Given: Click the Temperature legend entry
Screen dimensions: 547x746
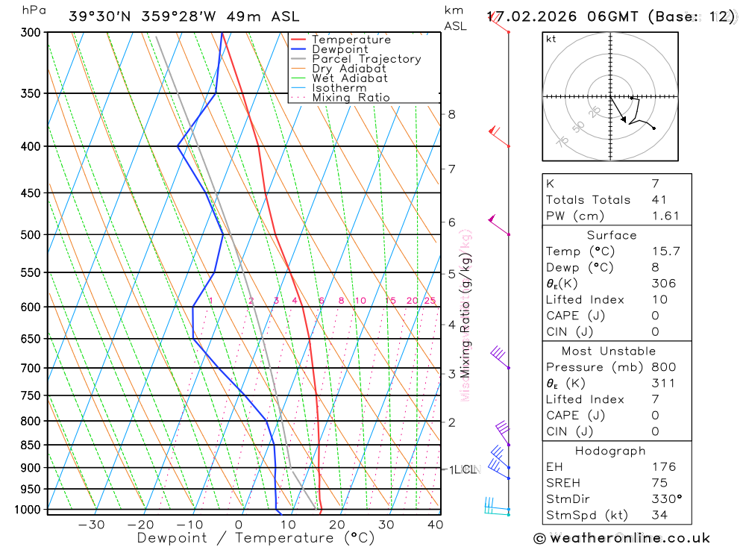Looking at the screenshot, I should point(351,40).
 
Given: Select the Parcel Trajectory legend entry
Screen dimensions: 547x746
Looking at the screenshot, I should point(366,59).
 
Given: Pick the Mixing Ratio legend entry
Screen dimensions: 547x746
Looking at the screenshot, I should point(351,98).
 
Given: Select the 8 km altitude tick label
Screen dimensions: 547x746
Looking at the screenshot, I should point(451,114).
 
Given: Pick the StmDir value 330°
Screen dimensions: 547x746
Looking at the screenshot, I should point(666,499).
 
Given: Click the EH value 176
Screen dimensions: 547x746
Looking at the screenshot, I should point(663,466).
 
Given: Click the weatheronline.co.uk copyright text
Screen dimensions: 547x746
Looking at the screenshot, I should point(622,538).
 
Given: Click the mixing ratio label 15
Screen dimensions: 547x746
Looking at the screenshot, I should point(390,301).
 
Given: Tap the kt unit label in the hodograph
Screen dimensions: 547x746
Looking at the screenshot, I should point(551,39).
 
